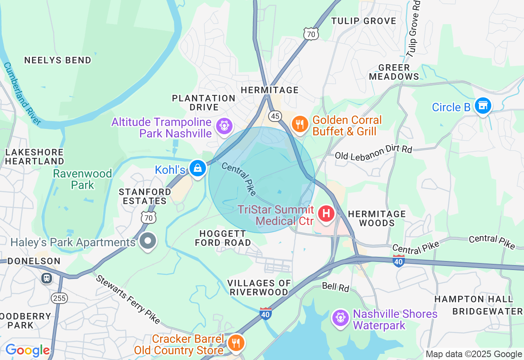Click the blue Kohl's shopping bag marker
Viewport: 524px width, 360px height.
click(198, 168)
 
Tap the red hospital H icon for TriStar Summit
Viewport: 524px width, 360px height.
click(326, 214)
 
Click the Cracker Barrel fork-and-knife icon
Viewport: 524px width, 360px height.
click(235, 343)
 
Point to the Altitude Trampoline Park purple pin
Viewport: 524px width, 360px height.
click(224, 126)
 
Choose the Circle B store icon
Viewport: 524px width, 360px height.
click(483, 106)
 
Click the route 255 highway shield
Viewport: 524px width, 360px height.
click(59, 298)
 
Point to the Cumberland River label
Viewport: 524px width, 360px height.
click(23, 93)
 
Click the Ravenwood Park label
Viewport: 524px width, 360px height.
click(82, 179)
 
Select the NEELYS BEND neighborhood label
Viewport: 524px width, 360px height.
click(58, 60)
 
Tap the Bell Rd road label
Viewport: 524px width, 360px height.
click(335, 287)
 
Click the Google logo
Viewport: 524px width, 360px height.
click(28, 350)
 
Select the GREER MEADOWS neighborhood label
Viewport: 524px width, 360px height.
click(394, 72)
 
